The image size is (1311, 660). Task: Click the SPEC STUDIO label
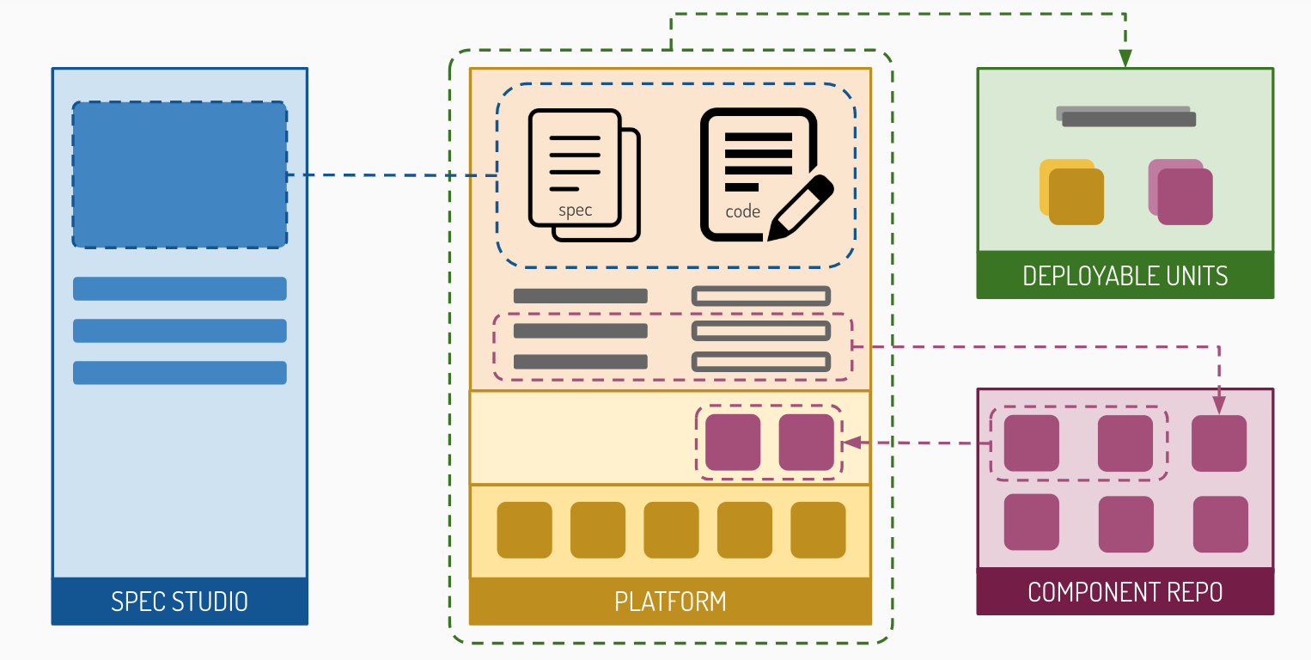[179, 602]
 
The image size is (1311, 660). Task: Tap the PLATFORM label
[670, 602]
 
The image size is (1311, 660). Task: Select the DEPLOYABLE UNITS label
[1125, 276]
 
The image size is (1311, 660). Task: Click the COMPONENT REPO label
[1125, 592]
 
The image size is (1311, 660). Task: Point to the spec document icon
[582, 174]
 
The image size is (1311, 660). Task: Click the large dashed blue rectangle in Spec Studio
[179, 174]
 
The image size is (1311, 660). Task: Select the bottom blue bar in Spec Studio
[179, 373]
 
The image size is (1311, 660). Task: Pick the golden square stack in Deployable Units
[1072, 192]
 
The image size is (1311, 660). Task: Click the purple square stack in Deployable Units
[1180, 192]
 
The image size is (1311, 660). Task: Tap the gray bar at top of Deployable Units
[1126, 117]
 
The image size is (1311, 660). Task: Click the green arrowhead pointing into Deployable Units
[1125, 59]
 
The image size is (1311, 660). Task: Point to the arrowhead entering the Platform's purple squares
[851, 443]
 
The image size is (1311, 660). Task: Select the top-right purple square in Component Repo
[1219, 443]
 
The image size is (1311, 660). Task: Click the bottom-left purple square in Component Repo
[1031, 522]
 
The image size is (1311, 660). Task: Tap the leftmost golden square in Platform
[524, 530]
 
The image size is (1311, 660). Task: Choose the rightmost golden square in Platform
[818, 530]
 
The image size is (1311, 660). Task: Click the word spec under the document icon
[575, 211]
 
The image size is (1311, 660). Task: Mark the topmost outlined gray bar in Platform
[761, 296]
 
